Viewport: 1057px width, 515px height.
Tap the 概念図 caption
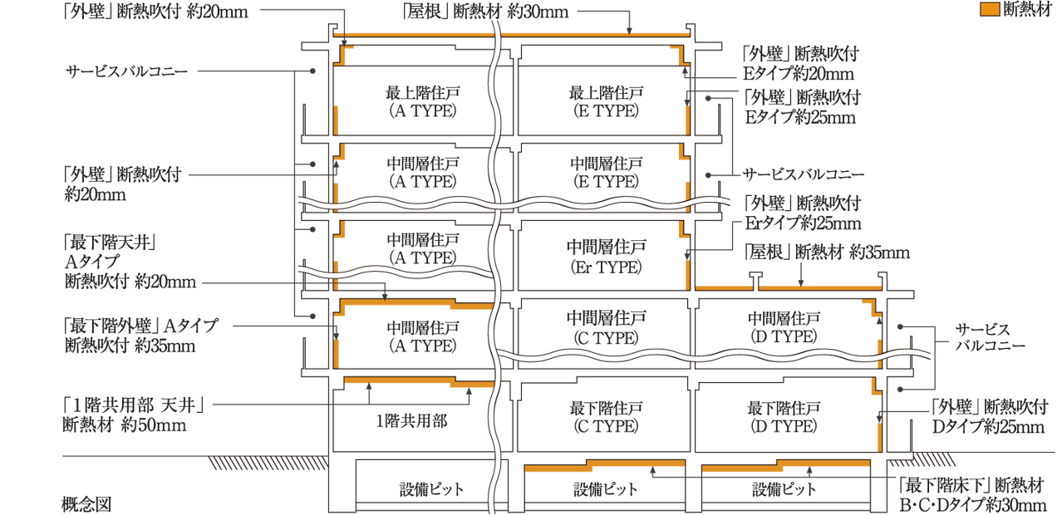pyautogui.click(x=86, y=503)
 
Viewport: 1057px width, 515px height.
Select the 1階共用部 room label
pyautogui.click(x=411, y=419)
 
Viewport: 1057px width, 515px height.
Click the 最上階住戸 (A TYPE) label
pyautogui.click(x=420, y=100)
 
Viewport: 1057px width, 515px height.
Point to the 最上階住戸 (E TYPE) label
pyautogui.click(x=605, y=100)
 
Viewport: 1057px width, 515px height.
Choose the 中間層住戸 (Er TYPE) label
pyautogui.click(x=605, y=257)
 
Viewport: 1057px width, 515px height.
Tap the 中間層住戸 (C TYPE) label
pyautogui.click(x=605, y=327)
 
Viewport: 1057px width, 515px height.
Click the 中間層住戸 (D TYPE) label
pyautogui.click(x=784, y=327)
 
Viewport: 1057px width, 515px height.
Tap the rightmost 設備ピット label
pyautogui.click(x=784, y=488)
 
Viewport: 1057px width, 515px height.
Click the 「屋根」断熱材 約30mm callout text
pyautogui.click(x=481, y=12)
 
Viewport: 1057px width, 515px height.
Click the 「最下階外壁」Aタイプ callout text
pyautogui.click(x=140, y=326)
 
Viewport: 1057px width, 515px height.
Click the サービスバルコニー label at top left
pyautogui.click(x=127, y=71)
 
